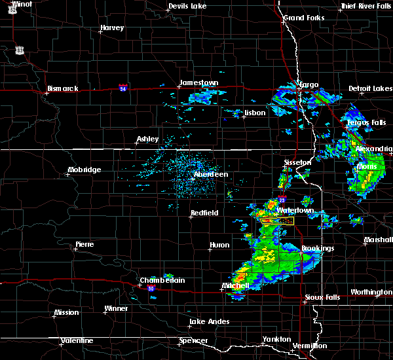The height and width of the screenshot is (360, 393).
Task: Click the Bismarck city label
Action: click(63, 88)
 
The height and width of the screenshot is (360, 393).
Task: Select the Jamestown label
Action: click(199, 82)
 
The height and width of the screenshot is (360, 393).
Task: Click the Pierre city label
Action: click(84, 244)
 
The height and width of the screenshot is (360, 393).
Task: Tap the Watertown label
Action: click(295, 210)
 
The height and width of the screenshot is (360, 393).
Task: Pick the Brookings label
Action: click(318, 248)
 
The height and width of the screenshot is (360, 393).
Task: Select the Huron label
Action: click(219, 245)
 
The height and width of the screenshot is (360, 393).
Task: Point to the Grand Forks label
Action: click(303, 18)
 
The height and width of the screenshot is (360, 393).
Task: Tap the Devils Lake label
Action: click(187, 7)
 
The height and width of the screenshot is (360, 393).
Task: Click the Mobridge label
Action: click(84, 170)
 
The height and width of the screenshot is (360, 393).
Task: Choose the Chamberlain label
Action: click(162, 280)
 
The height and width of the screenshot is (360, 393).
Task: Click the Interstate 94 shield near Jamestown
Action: click(123, 87)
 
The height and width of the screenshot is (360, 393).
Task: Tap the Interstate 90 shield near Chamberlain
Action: click(151, 289)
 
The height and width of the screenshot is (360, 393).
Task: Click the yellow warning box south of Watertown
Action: click(277, 222)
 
